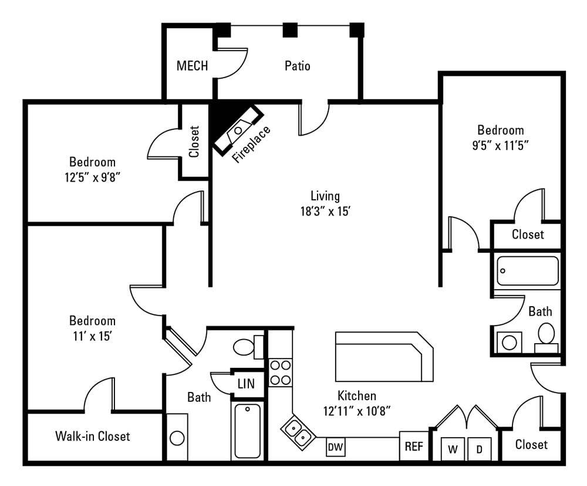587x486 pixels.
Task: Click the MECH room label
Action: [x=192, y=66]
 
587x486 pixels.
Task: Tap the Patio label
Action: [x=297, y=66]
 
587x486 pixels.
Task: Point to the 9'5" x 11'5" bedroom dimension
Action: [x=500, y=146]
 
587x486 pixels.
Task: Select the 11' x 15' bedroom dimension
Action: [x=92, y=336]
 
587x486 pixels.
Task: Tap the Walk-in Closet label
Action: [x=92, y=437]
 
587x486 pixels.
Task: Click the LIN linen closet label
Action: [x=246, y=384]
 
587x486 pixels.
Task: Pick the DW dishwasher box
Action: [x=335, y=447]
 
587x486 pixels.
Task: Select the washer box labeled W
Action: [x=453, y=450]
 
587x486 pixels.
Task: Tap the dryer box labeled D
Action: [x=480, y=450]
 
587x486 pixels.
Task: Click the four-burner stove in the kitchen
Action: [x=280, y=373]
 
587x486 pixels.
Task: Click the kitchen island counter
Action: [x=382, y=357]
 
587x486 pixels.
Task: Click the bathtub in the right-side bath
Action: [x=527, y=271]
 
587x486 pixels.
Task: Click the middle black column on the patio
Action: [x=289, y=30]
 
